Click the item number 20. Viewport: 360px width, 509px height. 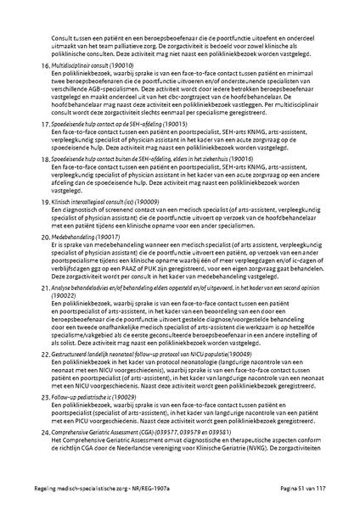point(44,238)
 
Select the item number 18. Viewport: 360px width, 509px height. point(44,159)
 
